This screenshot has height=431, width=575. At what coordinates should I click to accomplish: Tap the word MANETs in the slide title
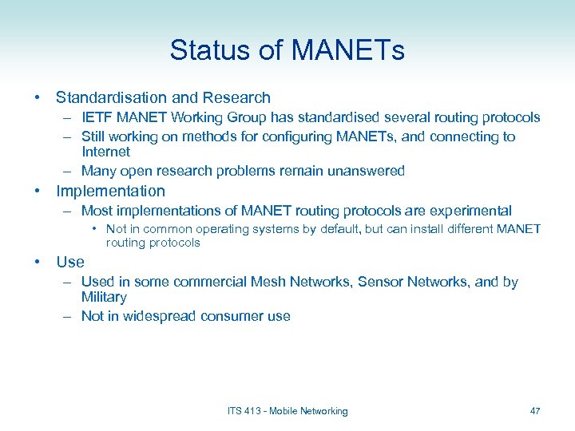tap(348, 51)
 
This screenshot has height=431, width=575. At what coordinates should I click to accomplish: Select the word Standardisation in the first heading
tap(111, 98)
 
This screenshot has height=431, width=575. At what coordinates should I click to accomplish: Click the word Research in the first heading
tap(236, 98)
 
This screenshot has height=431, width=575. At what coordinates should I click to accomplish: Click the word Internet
tap(105, 152)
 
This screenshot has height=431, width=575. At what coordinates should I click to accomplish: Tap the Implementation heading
tap(110, 192)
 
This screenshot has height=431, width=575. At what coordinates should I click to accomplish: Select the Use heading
tap(69, 262)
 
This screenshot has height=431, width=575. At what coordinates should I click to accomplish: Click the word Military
tap(104, 297)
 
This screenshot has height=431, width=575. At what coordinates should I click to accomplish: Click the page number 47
tap(535, 411)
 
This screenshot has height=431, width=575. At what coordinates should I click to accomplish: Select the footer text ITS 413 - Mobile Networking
tap(287, 411)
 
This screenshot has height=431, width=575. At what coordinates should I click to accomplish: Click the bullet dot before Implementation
tap(38, 192)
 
